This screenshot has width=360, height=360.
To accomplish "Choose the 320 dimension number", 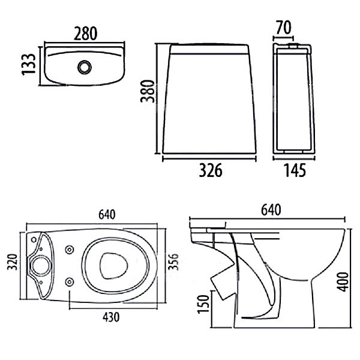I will click(10, 262).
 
